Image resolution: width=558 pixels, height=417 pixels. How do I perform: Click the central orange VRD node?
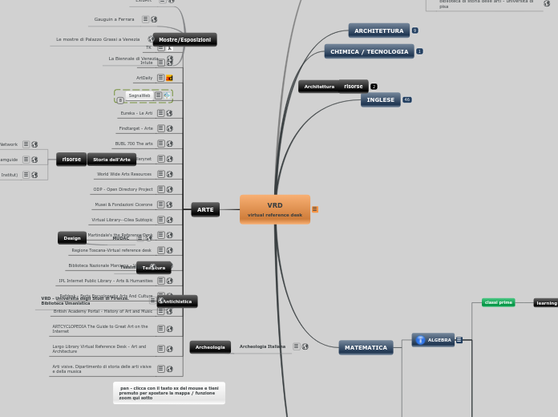click(274, 209)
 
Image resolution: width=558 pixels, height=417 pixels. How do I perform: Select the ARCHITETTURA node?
click(378, 30)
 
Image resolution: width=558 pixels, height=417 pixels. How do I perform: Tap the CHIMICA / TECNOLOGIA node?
click(369, 51)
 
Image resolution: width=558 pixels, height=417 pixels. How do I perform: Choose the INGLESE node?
click(380, 99)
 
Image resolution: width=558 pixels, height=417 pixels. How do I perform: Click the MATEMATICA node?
click(366, 347)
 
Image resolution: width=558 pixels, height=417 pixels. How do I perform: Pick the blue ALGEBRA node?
click(433, 340)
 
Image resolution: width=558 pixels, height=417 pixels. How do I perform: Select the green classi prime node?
click(498, 302)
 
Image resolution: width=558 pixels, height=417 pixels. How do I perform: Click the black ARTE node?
click(205, 209)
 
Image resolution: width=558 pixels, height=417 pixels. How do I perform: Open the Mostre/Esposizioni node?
click(184, 39)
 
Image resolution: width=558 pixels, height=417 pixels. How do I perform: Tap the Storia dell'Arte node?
click(111, 160)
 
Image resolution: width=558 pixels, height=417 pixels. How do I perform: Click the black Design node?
click(72, 238)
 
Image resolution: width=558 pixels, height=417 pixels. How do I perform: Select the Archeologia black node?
click(210, 347)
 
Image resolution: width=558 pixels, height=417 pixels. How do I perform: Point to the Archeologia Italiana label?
click(262, 346)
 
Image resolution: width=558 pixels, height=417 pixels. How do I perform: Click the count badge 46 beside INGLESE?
click(406, 99)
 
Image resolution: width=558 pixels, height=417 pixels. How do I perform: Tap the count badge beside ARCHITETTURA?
click(414, 30)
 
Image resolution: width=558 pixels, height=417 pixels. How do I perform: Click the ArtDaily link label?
click(144, 78)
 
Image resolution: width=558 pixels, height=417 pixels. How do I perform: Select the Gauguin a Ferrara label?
click(114, 19)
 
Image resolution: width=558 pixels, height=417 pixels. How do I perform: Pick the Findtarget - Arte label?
click(135, 128)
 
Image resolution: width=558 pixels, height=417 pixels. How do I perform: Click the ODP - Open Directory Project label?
click(123, 189)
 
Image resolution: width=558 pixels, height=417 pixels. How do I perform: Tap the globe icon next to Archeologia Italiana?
click(305, 346)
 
